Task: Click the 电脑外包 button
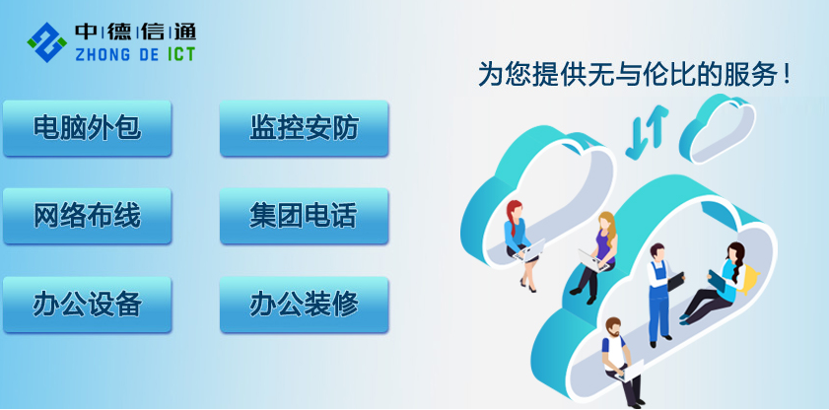[87, 128]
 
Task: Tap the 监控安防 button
[304, 128]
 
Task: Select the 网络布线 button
[87, 216]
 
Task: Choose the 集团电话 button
[304, 216]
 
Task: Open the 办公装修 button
[304, 305]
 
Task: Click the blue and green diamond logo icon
[47, 42]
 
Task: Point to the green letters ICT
[181, 54]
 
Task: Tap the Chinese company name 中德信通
[135, 33]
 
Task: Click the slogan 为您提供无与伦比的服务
[635, 74]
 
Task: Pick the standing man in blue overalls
[660, 295]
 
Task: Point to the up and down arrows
[647, 132]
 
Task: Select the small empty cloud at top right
[717, 128]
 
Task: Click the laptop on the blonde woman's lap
[592, 260]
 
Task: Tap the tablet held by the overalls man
[675, 281]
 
